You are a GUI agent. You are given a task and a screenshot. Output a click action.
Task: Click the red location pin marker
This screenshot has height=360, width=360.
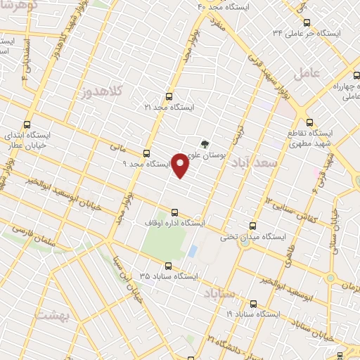[x=180, y=165]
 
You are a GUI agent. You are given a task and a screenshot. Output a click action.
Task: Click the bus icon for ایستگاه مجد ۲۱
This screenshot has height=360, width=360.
[x=167, y=96]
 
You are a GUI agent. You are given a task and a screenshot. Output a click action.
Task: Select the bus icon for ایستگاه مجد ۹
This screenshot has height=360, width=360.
[x=146, y=153]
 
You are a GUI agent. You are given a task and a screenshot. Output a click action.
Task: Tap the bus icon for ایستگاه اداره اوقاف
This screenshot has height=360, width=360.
[x=175, y=212]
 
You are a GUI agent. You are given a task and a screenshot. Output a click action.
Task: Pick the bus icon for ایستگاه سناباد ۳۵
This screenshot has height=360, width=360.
[x=167, y=266]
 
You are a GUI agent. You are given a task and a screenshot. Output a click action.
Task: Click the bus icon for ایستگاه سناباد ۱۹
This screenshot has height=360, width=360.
[x=254, y=304]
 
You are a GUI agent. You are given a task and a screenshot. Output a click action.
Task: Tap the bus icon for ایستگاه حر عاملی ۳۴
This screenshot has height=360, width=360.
[x=304, y=23]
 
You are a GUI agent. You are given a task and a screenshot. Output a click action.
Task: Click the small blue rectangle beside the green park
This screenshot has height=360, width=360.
[x=193, y=251]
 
